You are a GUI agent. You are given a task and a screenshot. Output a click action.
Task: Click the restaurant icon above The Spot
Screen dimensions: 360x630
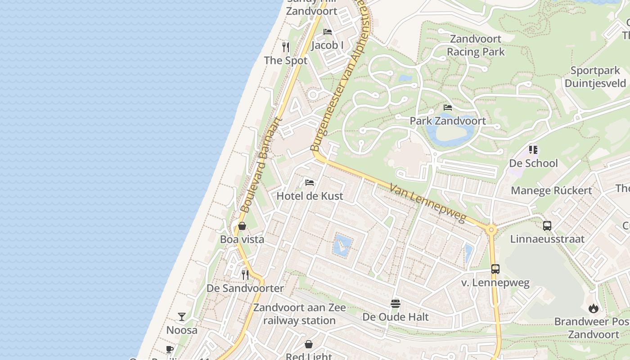click(286, 47)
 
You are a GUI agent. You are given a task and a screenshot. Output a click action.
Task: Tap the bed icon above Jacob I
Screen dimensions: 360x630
click(328, 32)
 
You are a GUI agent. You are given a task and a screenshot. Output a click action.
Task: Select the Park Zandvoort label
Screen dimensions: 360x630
click(448, 121)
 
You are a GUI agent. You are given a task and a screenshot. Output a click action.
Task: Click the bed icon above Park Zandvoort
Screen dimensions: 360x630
click(448, 108)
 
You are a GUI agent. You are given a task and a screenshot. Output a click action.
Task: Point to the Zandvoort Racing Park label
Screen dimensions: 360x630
click(476, 45)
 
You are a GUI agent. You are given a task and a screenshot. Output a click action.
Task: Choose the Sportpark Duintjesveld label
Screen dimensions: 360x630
click(595, 77)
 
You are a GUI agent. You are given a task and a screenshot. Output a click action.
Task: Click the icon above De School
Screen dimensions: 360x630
click(533, 149)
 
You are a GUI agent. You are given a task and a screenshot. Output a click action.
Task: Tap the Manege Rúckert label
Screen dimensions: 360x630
click(551, 190)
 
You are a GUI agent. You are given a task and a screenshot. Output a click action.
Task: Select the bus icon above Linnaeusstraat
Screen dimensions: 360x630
click(547, 226)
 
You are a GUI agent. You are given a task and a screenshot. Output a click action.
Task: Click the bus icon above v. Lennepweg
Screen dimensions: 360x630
click(495, 269)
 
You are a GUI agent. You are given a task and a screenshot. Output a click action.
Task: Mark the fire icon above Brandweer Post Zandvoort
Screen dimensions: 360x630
click(594, 308)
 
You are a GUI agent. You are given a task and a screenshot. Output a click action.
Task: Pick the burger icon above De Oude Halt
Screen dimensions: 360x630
click(396, 304)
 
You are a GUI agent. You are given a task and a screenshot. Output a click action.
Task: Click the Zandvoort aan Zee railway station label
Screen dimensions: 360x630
click(299, 314)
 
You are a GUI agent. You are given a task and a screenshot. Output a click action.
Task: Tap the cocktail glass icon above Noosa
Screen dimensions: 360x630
click(182, 317)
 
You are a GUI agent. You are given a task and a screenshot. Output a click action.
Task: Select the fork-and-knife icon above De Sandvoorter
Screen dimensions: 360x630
click(245, 274)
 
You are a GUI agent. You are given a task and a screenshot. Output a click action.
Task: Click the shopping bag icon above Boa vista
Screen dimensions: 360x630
click(242, 226)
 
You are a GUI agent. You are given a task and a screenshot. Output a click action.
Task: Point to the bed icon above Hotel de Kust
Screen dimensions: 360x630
click(310, 183)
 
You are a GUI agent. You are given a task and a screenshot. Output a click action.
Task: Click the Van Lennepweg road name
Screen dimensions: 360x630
click(427, 203)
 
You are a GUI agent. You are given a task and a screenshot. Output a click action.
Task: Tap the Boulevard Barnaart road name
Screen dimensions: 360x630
click(261, 165)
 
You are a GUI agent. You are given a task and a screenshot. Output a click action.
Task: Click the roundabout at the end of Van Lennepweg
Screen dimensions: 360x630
click(491, 229)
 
